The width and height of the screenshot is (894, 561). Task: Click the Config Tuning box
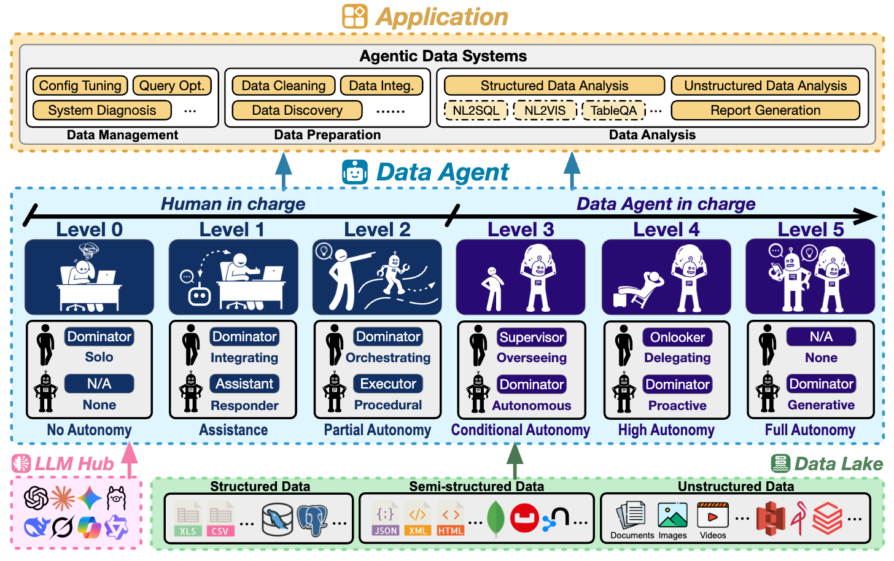point(80,86)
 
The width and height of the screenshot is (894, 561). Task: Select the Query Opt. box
point(172,86)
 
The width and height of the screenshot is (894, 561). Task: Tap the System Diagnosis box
point(102,110)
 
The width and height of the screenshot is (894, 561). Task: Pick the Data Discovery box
point(297,110)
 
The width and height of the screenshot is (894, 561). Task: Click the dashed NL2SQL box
point(476,110)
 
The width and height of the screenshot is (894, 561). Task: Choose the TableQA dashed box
point(613,110)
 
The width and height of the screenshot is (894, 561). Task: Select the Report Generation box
point(765,110)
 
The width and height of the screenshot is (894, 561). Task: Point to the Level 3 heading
point(521,230)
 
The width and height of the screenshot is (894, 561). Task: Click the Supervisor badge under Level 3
point(531,337)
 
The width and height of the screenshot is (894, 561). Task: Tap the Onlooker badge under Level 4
point(677,337)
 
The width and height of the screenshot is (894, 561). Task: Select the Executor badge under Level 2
point(388,384)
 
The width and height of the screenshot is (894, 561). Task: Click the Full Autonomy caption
point(810,430)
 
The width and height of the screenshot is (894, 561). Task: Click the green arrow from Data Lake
point(515,460)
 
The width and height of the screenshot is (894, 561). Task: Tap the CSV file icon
point(220,520)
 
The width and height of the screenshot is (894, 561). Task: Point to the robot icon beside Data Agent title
point(355,172)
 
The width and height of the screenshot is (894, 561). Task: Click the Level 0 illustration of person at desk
point(89,277)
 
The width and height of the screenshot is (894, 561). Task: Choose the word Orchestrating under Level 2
point(388,358)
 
